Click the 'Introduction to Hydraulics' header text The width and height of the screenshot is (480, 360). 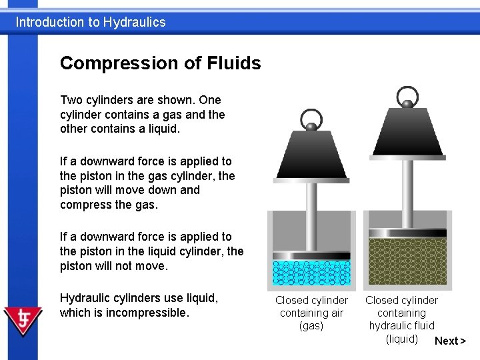(91, 22)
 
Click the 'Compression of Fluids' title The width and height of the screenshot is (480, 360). (160, 63)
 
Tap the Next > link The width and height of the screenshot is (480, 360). (450, 341)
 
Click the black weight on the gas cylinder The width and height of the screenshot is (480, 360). (311, 154)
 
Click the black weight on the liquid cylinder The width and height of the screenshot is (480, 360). (407, 133)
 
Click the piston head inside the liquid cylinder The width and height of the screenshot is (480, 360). (408, 233)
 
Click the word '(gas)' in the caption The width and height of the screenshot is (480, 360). (311, 326)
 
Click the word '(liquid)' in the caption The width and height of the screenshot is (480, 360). (402, 339)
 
